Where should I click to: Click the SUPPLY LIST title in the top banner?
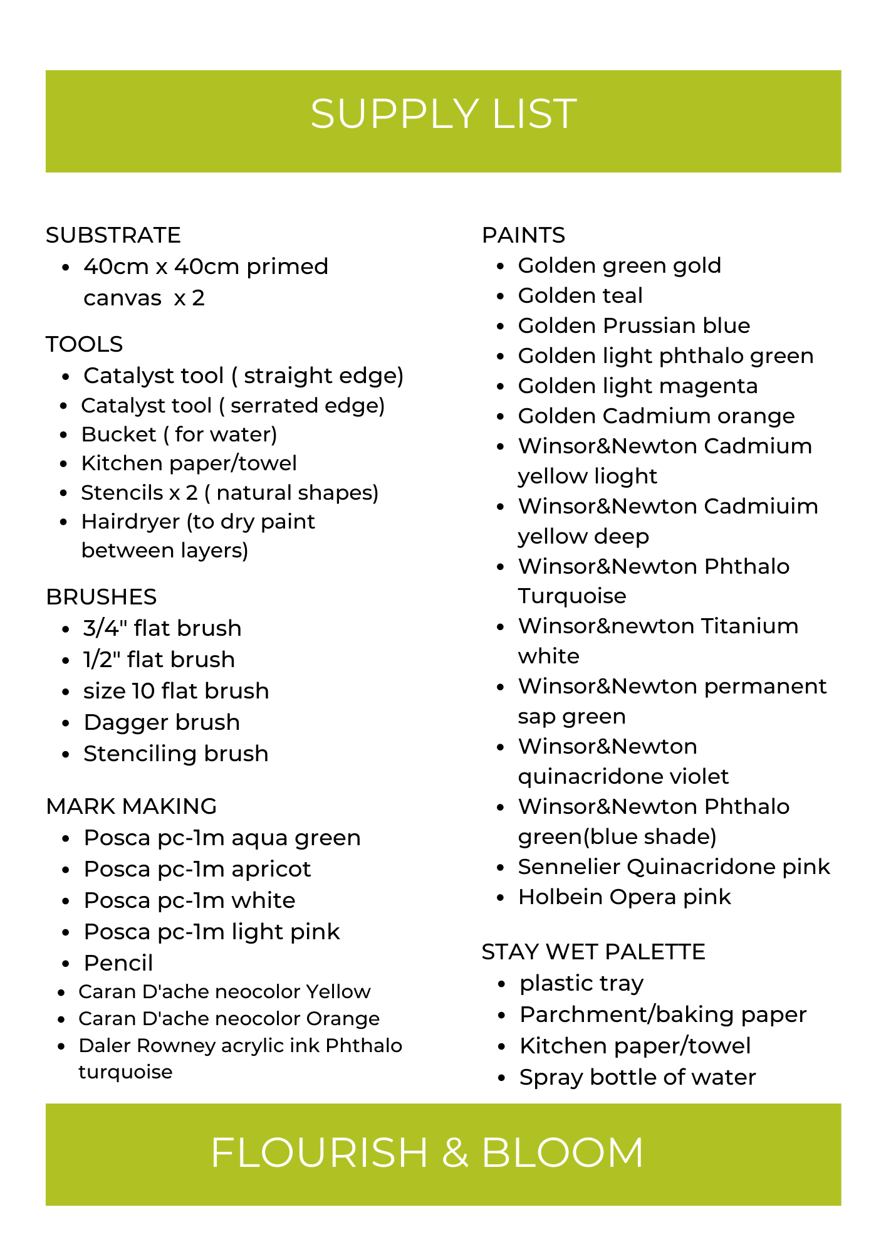[443, 114]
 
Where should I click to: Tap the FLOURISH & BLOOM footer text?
[427, 1152]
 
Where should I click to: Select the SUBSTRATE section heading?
[113, 235]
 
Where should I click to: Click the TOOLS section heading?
[85, 344]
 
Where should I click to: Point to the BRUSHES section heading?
[102, 597]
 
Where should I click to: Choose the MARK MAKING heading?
[132, 806]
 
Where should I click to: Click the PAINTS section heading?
[523, 235]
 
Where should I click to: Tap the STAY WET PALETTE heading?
[593, 952]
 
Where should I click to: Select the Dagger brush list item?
[162, 722]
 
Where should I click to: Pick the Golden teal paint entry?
[580, 296]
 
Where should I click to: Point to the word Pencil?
[118, 963]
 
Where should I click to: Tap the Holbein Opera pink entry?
[624, 897]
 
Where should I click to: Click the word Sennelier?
[568, 867]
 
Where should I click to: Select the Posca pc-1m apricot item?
[197, 869]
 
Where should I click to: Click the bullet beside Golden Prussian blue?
[500, 327]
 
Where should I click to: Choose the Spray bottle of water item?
[637, 1077]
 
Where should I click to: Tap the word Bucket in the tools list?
[118, 435]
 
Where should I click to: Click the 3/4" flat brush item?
[162, 628]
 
